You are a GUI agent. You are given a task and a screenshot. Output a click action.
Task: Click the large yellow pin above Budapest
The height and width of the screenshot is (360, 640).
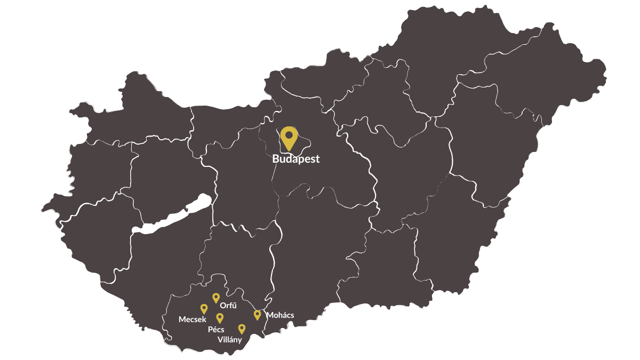pos(289,138)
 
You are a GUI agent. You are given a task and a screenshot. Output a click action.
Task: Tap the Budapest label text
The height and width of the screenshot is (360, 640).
pos(295,159)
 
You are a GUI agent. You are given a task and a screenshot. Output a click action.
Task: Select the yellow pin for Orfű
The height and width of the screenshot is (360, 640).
pos(216,298)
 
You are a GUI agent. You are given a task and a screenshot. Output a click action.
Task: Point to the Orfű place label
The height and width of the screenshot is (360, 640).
pos(228,306)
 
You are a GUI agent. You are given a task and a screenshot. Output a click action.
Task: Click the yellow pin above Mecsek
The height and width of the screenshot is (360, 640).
pos(204,309)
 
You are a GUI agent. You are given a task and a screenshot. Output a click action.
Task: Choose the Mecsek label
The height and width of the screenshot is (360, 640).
pos(192,319)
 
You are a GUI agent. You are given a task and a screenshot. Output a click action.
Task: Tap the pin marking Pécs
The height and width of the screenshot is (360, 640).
pos(220,318)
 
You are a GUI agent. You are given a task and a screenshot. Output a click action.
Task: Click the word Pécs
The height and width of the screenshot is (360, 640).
pos(216,330)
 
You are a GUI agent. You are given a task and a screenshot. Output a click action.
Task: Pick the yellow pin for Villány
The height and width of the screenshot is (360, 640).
pos(242,329)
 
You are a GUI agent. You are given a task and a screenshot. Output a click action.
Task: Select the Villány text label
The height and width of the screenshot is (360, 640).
pos(230,340)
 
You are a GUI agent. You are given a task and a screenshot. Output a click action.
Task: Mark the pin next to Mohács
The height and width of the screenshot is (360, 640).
pos(258,315)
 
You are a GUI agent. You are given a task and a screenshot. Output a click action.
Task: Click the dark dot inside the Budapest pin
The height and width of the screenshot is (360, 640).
pos(289,135)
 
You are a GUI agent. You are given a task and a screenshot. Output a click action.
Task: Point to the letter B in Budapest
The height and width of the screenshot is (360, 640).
pos(276,159)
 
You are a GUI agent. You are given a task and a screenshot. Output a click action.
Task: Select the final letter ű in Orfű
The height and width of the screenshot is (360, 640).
pos(234,306)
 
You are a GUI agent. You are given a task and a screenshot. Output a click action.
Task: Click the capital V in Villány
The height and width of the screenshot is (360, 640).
pos(220,340)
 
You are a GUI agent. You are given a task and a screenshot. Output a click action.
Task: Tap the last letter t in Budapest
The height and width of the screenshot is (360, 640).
pos(317,159)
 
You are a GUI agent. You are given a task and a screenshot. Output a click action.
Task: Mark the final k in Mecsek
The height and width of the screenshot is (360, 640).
pos(204,319)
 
